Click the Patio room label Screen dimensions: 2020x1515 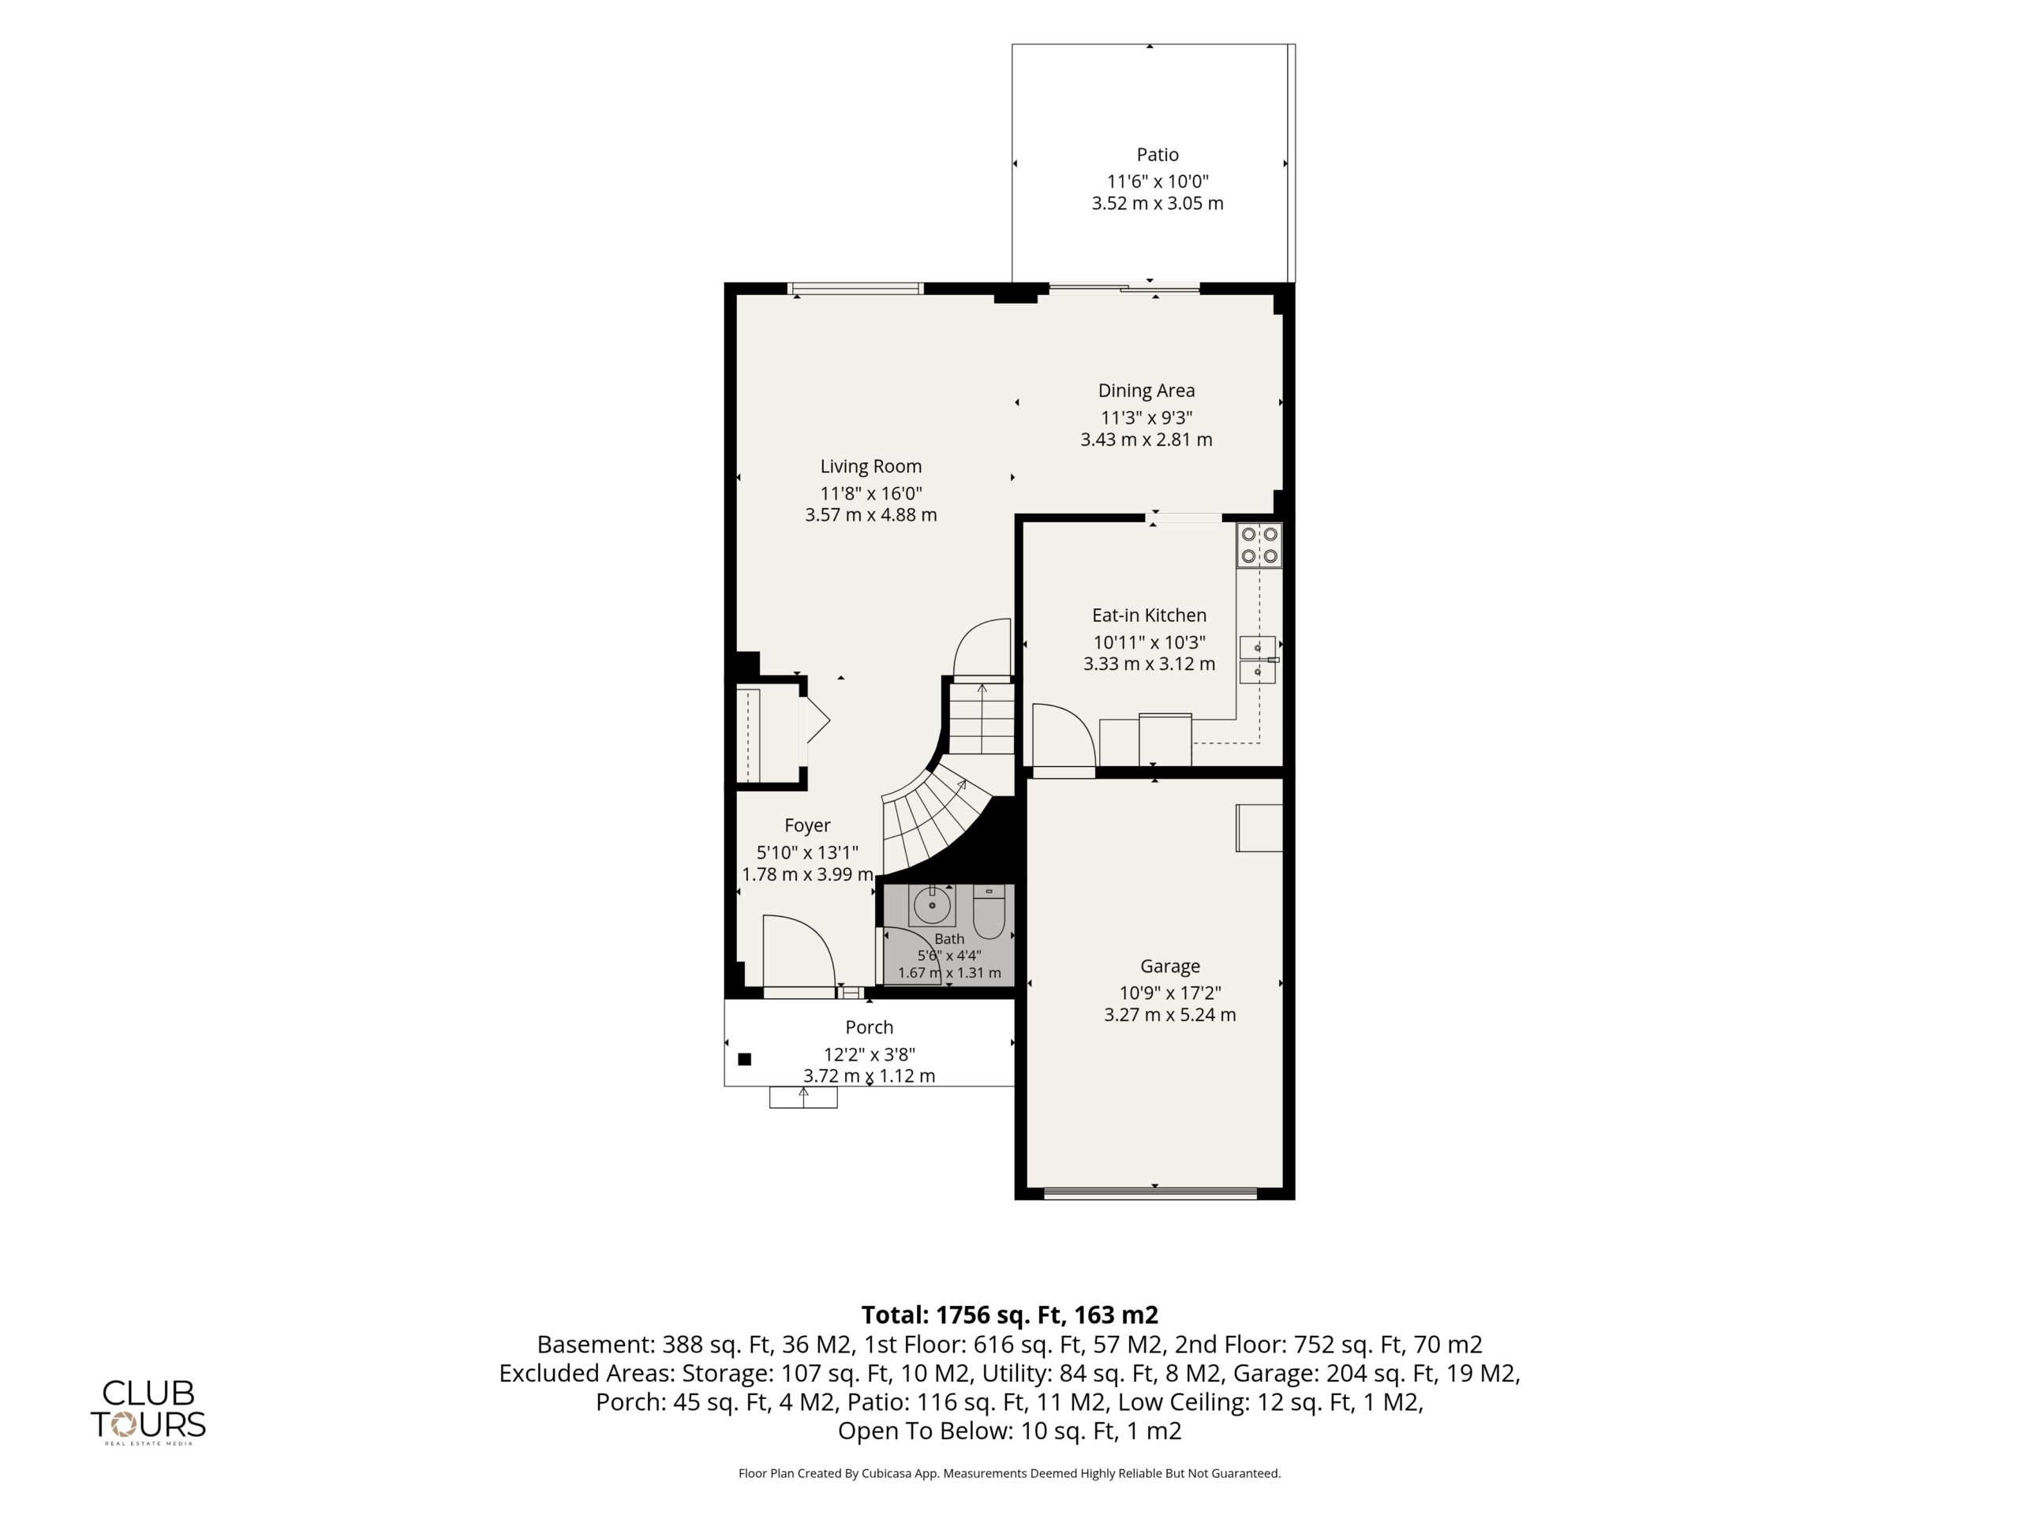tap(1157, 155)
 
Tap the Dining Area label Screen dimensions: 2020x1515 tap(1146, 391)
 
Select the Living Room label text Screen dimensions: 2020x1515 tap(870, 466)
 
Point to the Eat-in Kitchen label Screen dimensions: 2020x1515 tap(1149, 615)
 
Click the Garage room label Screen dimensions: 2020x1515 tap(1170, 966)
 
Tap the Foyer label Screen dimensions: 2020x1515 tap(807, 825)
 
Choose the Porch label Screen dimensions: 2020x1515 tap(870, 1027)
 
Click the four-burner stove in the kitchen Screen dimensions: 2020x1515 tap(1259, 545)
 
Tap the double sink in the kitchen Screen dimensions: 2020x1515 tap(1258, 660)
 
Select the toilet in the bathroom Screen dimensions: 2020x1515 tap(989, 911)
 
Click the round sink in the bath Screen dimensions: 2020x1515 tap(931, 906)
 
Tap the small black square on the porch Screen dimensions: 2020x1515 tap(744, 1059)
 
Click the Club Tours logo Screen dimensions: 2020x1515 tap(148, 1412)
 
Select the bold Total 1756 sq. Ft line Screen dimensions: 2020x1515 tap(1010, 1315)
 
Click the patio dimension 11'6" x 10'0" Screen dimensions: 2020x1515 tap(1157, 181)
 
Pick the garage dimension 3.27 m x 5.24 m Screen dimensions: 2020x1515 tap(1170, 1015)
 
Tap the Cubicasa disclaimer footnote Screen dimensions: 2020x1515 tap(1010, 1473)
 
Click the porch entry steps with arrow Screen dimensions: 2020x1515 tap(803, 1097)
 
